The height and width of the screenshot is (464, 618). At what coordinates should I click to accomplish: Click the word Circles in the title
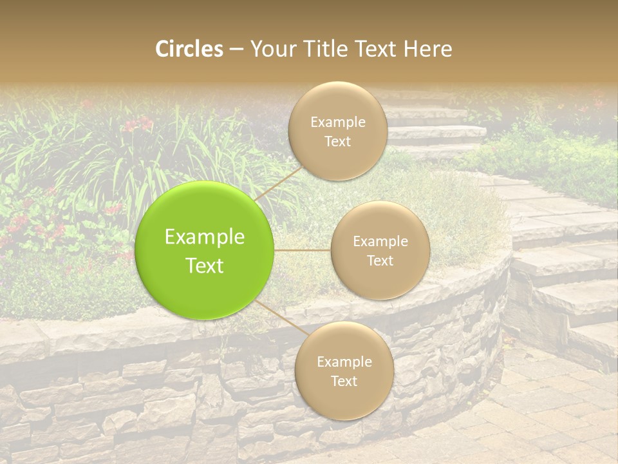point(189,49)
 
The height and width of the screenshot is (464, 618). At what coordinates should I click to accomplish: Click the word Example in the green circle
point(205,237)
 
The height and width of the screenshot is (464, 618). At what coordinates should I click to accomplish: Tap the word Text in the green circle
point(205,266)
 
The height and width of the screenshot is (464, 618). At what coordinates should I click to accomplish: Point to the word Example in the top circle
point(338,122)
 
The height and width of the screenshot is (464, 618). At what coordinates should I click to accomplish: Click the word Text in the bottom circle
point(344,381)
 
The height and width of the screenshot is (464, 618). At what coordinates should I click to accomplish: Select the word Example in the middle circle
point(380,242)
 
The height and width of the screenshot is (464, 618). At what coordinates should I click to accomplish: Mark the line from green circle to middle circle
point(303,250)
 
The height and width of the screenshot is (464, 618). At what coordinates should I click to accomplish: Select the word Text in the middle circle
point(380,260)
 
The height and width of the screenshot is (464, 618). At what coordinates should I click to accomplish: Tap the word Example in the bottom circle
point(344,362)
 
